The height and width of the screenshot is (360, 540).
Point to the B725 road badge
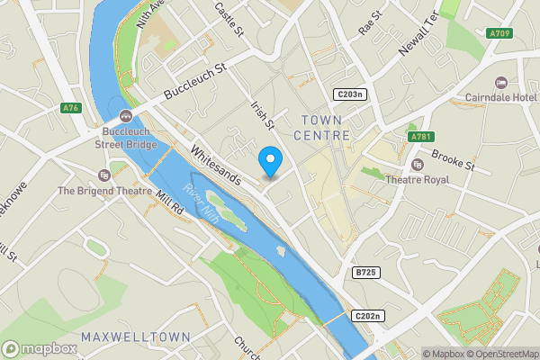pos(364,272)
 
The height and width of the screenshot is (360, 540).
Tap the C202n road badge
pos(367,316)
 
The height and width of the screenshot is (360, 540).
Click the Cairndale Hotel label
pos(500,97)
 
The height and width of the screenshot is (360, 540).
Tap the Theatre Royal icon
pos(417,165)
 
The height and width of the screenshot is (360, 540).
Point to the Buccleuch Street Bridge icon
pos(125,116)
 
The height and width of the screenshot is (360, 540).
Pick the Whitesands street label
pos(217,165)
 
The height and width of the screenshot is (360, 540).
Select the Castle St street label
pos(229,18)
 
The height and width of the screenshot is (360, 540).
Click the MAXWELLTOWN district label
pos(135,337)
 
